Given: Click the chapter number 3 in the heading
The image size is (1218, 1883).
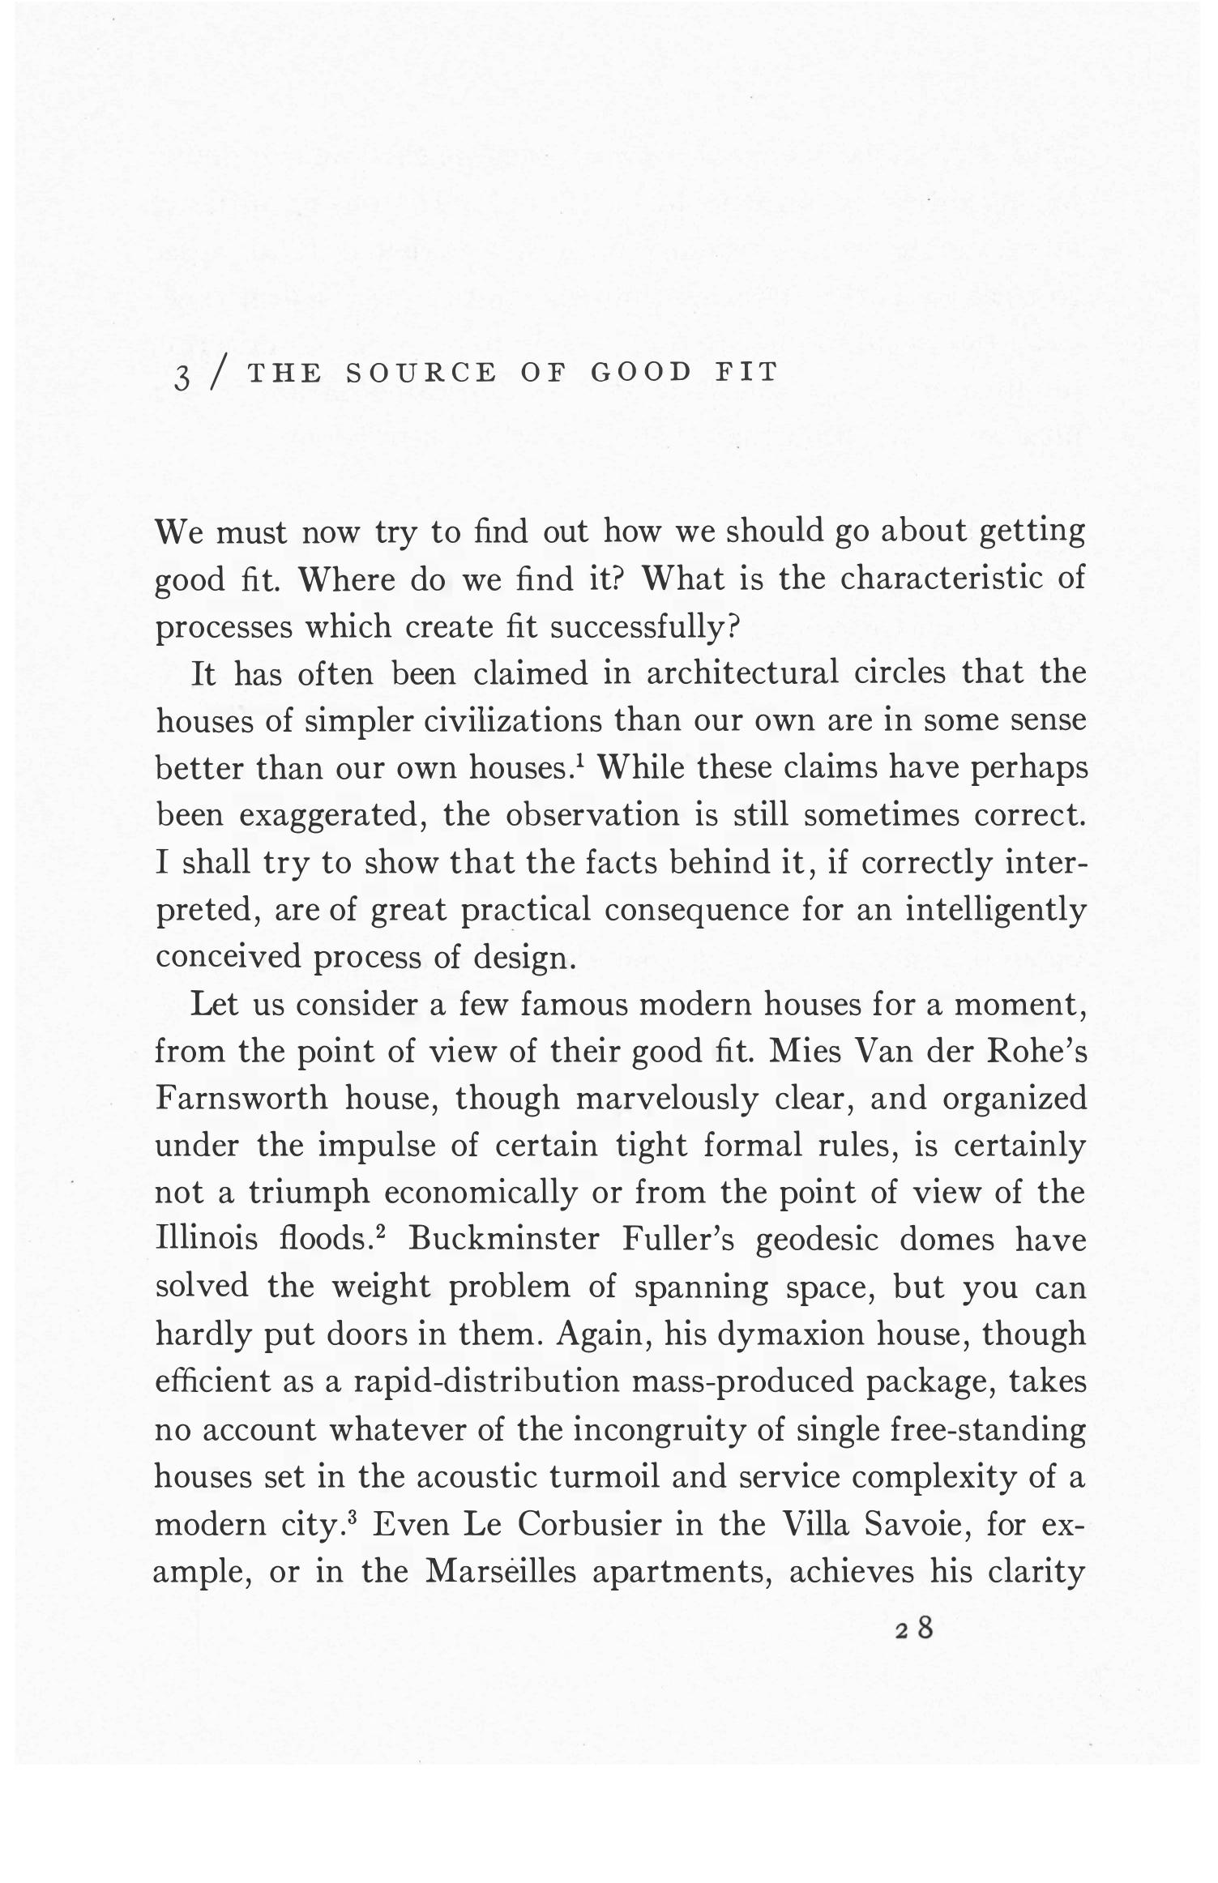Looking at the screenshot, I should [183, 375].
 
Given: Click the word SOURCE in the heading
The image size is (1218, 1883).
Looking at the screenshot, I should [421, 372].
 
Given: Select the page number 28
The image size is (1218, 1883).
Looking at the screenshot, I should [915, 1628].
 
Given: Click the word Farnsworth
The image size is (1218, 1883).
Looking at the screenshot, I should [241, 1099].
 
